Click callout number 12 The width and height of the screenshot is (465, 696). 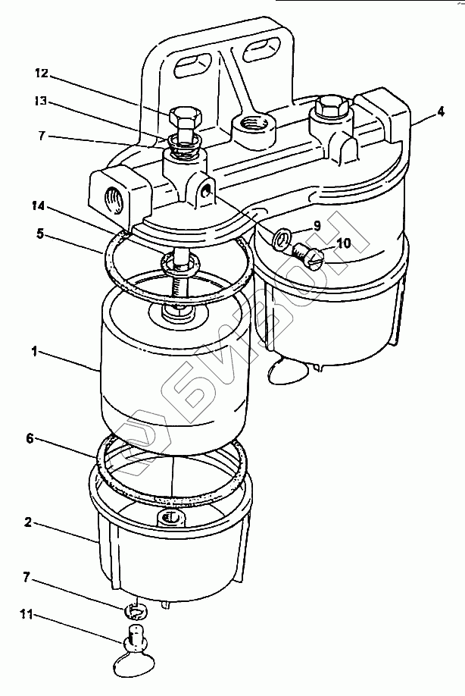[x=41, y=74]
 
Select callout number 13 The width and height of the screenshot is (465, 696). [x=41, y=100]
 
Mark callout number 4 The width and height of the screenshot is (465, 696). [x=440, y=111]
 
